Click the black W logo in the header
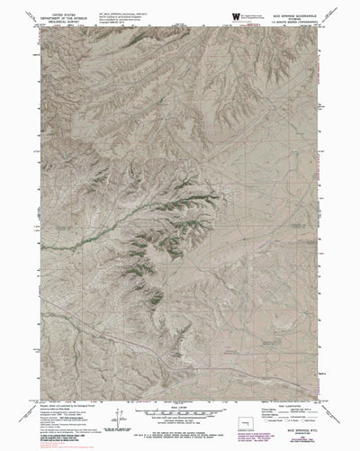(237, 16)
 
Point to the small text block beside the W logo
(260, 16)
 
